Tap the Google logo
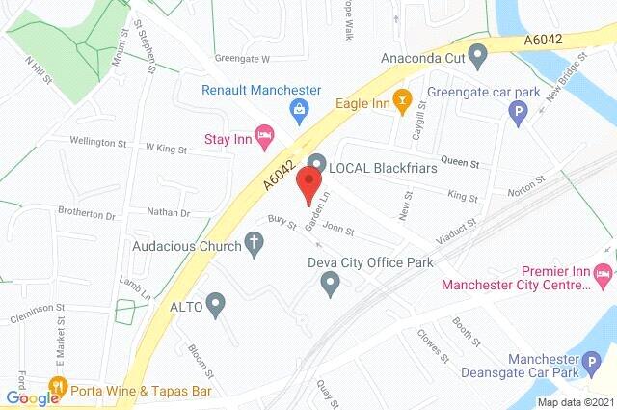click(31, 398)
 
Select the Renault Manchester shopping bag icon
click(301, 109)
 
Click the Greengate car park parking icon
click(517, 115)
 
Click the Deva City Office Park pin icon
click(329, 284)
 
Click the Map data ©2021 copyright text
click(575, 402)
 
